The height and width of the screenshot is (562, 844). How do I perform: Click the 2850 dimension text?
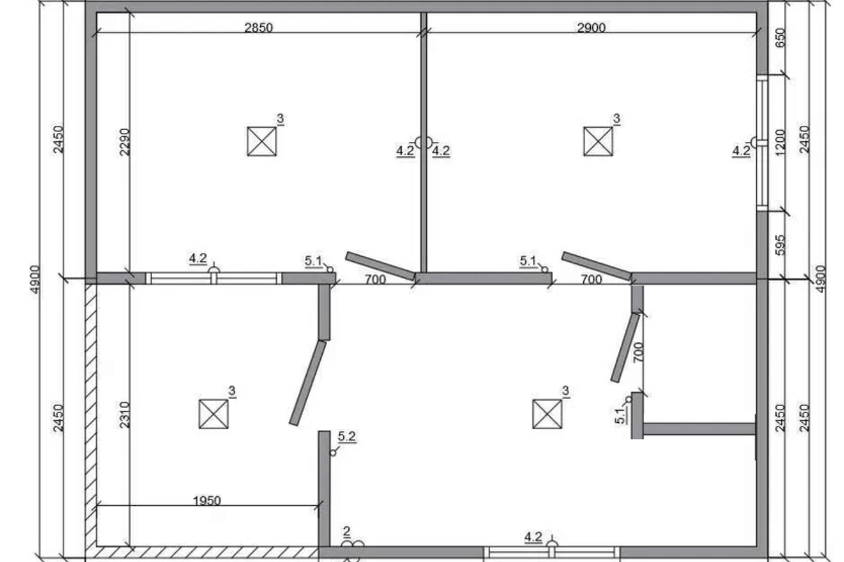[259, 27]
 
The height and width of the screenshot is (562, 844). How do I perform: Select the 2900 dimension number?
[592, 27]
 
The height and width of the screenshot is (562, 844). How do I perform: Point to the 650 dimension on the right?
[781, 38]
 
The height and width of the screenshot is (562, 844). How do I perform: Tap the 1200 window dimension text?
[781, 142]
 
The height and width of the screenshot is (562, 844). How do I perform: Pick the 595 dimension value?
[781, 245]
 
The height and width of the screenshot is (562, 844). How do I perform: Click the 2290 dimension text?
[124, 142]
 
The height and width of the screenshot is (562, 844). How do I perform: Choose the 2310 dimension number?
[124, 414]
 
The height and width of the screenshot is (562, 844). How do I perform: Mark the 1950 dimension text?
[207, 500]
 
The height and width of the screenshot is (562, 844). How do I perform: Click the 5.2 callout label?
[347, 436]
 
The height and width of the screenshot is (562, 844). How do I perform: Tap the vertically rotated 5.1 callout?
[620, 416]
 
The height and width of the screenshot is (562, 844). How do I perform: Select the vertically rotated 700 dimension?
[639, 353]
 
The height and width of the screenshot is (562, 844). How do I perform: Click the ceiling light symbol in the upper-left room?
[262, 141]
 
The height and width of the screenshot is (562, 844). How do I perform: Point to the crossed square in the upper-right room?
[598, 141]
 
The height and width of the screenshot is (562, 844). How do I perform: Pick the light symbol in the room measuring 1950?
[214, 414]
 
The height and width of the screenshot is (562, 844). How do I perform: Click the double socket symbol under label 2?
[352, 544]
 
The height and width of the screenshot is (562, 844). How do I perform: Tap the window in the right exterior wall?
[762, 143]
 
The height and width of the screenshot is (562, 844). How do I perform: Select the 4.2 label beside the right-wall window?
[741, 151]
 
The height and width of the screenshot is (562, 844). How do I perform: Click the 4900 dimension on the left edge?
[35, 279]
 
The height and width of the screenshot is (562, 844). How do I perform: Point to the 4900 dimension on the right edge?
[821, 279]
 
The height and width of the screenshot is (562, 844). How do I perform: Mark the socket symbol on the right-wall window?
[753, 143]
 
